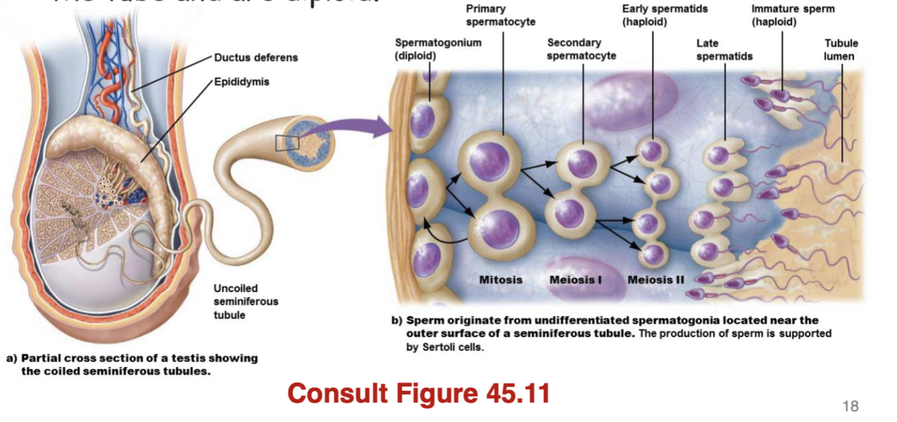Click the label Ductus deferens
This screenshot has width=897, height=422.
256,57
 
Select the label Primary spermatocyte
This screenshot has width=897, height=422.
500,15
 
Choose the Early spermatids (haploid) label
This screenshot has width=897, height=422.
664,15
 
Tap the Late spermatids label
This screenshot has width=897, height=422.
724,50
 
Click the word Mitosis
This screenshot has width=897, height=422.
500,279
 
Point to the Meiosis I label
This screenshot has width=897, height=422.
575,279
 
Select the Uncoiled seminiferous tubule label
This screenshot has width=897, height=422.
245,302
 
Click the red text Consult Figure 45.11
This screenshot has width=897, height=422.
418,393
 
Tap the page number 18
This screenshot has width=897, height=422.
850,406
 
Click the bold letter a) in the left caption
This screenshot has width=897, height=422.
11,358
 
